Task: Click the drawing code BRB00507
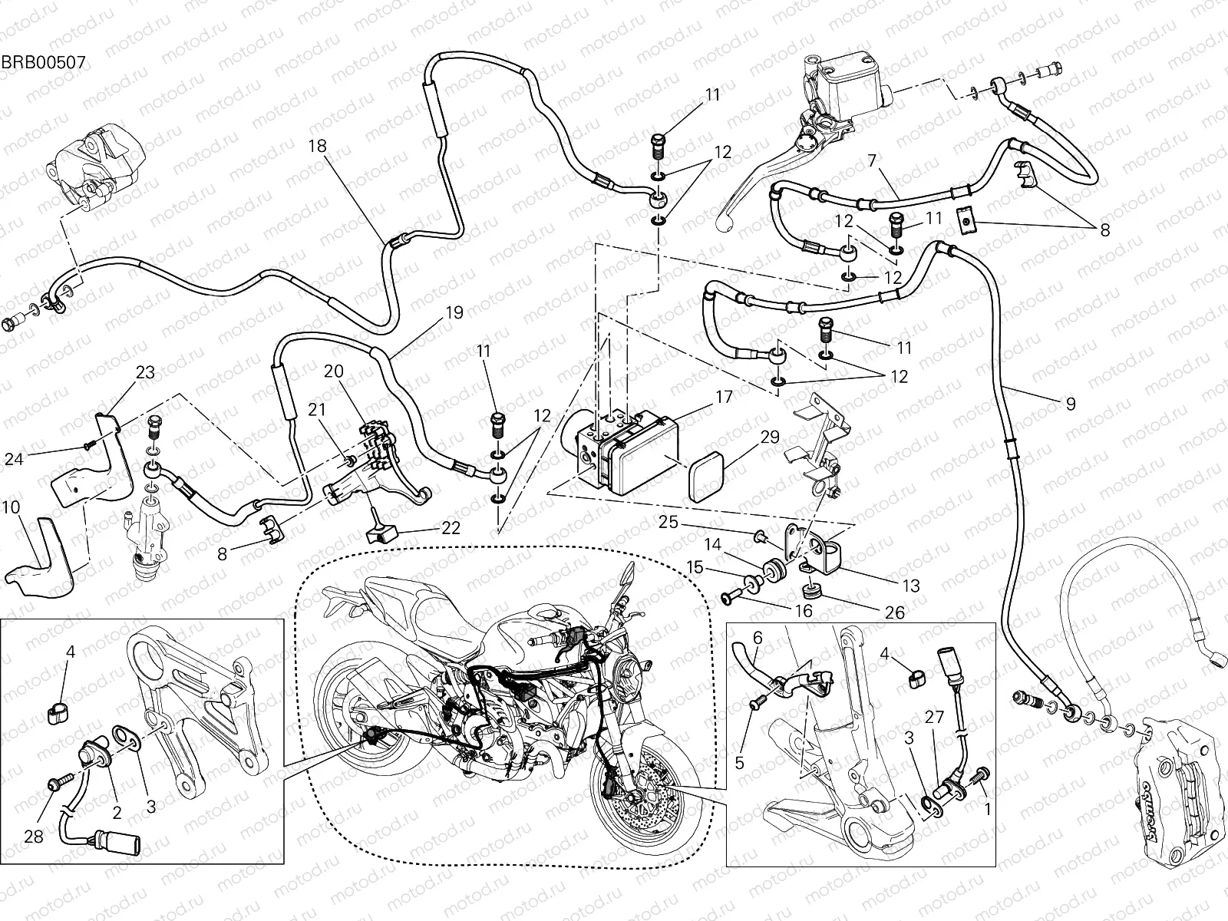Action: pyautogui.click(x=43, y=61)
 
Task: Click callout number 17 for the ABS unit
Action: pyautogui.click(x=724, y=397)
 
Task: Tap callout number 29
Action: pyautogui.click(x=770, y=437)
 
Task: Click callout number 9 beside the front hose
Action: pyautogui.click(x=1070, y=403)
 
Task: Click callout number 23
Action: pyautogui.click(x=145, y=372)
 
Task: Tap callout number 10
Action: pyautogui.click(x=11, y=508)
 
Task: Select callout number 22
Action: pyautogui.click(x=451, y=528)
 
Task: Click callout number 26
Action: pyautogui.click(x=894, y=612)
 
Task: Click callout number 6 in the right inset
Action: pyautogui.click(x=757, y=636)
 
